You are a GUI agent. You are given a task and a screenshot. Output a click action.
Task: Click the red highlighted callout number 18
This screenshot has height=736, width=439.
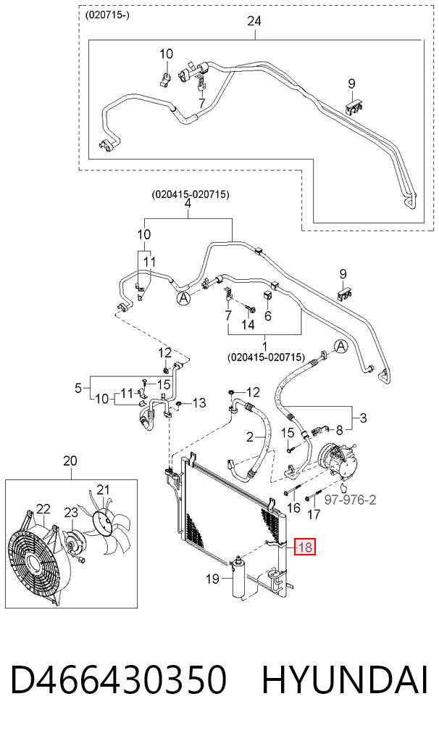pos(305,546)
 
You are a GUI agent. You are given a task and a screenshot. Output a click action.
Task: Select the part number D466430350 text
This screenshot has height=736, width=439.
pos(119,680)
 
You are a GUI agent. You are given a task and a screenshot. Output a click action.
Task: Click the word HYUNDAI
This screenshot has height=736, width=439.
pos(345,680)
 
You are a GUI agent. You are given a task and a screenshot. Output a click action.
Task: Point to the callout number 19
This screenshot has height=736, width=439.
pos(213,579)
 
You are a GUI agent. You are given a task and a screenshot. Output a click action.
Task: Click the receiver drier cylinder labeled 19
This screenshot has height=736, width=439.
pos(239,579)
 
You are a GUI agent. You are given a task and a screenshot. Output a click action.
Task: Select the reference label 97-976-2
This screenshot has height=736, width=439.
pos(351,500)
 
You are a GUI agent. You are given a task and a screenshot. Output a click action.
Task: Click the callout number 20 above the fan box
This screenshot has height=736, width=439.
pos(70,461)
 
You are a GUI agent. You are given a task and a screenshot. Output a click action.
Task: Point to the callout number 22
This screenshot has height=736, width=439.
pos(43,509)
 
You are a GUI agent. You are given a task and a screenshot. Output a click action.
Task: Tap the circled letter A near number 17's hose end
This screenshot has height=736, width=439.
pos(341,347)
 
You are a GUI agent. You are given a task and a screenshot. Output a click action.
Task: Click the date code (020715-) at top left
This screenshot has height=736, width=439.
pos(107,15)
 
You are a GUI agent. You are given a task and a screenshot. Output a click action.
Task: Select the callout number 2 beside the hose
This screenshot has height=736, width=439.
pos(249,437)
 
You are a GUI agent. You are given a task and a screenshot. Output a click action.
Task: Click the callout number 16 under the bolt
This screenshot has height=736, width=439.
pos(293,508)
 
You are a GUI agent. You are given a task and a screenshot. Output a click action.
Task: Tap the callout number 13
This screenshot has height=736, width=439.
pos(199,402)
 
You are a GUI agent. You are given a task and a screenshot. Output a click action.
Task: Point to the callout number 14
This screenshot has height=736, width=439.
pos(248,324)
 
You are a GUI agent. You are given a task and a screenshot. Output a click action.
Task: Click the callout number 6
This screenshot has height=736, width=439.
pos(268,315)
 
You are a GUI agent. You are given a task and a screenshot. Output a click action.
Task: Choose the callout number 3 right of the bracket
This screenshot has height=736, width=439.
pos(364,417)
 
